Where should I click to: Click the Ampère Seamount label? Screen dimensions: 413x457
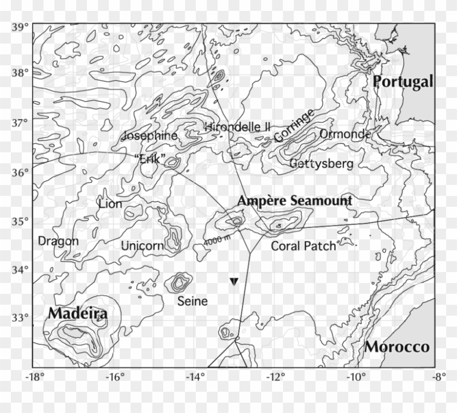tap(294, 201)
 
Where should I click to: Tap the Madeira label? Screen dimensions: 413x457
tap(77, 314)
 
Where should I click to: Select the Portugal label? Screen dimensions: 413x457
tap(403, 82)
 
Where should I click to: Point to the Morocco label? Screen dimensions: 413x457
tap(397, 347)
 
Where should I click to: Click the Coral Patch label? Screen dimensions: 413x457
tap(303, 246)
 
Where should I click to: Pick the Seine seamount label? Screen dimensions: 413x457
tap(193, 301)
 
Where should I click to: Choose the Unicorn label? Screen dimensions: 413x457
tap(142, 246)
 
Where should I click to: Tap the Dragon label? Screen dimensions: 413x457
tap(58, 241)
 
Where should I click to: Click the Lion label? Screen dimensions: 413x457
tap(110, 204)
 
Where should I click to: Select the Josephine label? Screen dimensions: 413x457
tap(151, 136)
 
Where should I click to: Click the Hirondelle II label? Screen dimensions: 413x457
tap(237, 126)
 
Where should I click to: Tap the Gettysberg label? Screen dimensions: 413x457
tap(321, 163)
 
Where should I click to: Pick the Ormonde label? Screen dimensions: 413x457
tap(345, 134)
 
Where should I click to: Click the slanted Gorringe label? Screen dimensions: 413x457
tap(294, 126)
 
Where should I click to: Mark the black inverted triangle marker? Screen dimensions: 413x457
tap(234, 281)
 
